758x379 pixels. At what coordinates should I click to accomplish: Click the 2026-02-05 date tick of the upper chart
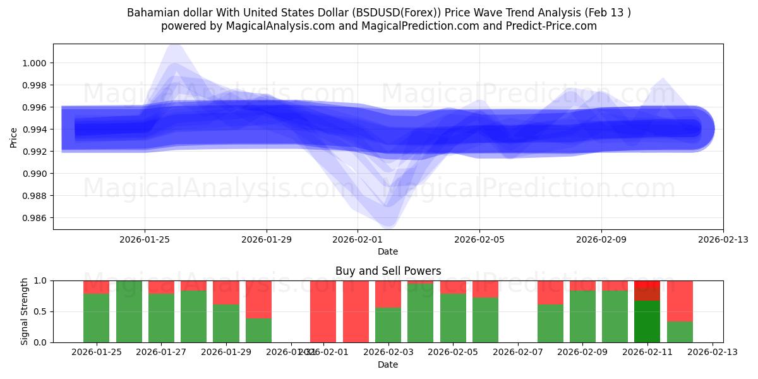point(479,239)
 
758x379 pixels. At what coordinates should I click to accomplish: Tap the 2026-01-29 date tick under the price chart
point(267,239)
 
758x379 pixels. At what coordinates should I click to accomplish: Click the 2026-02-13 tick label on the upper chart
point(723,239)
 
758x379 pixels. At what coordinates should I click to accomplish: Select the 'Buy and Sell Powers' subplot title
point(388,271)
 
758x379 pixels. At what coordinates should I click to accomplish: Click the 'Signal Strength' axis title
point(25,311)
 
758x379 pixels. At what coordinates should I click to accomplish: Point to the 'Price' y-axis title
point(14,136)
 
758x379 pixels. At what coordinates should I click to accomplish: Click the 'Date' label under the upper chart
point(388,251)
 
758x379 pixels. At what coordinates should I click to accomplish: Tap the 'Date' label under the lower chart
point(388,364)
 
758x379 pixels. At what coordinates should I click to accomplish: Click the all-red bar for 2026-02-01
point(323,311)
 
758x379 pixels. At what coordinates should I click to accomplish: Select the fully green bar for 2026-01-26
point(129,311)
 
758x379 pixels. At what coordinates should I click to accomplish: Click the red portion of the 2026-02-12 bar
point(680,301)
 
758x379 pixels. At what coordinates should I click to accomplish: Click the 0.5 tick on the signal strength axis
point(42,311)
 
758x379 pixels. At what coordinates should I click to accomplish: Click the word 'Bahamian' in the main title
point(151,13)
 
